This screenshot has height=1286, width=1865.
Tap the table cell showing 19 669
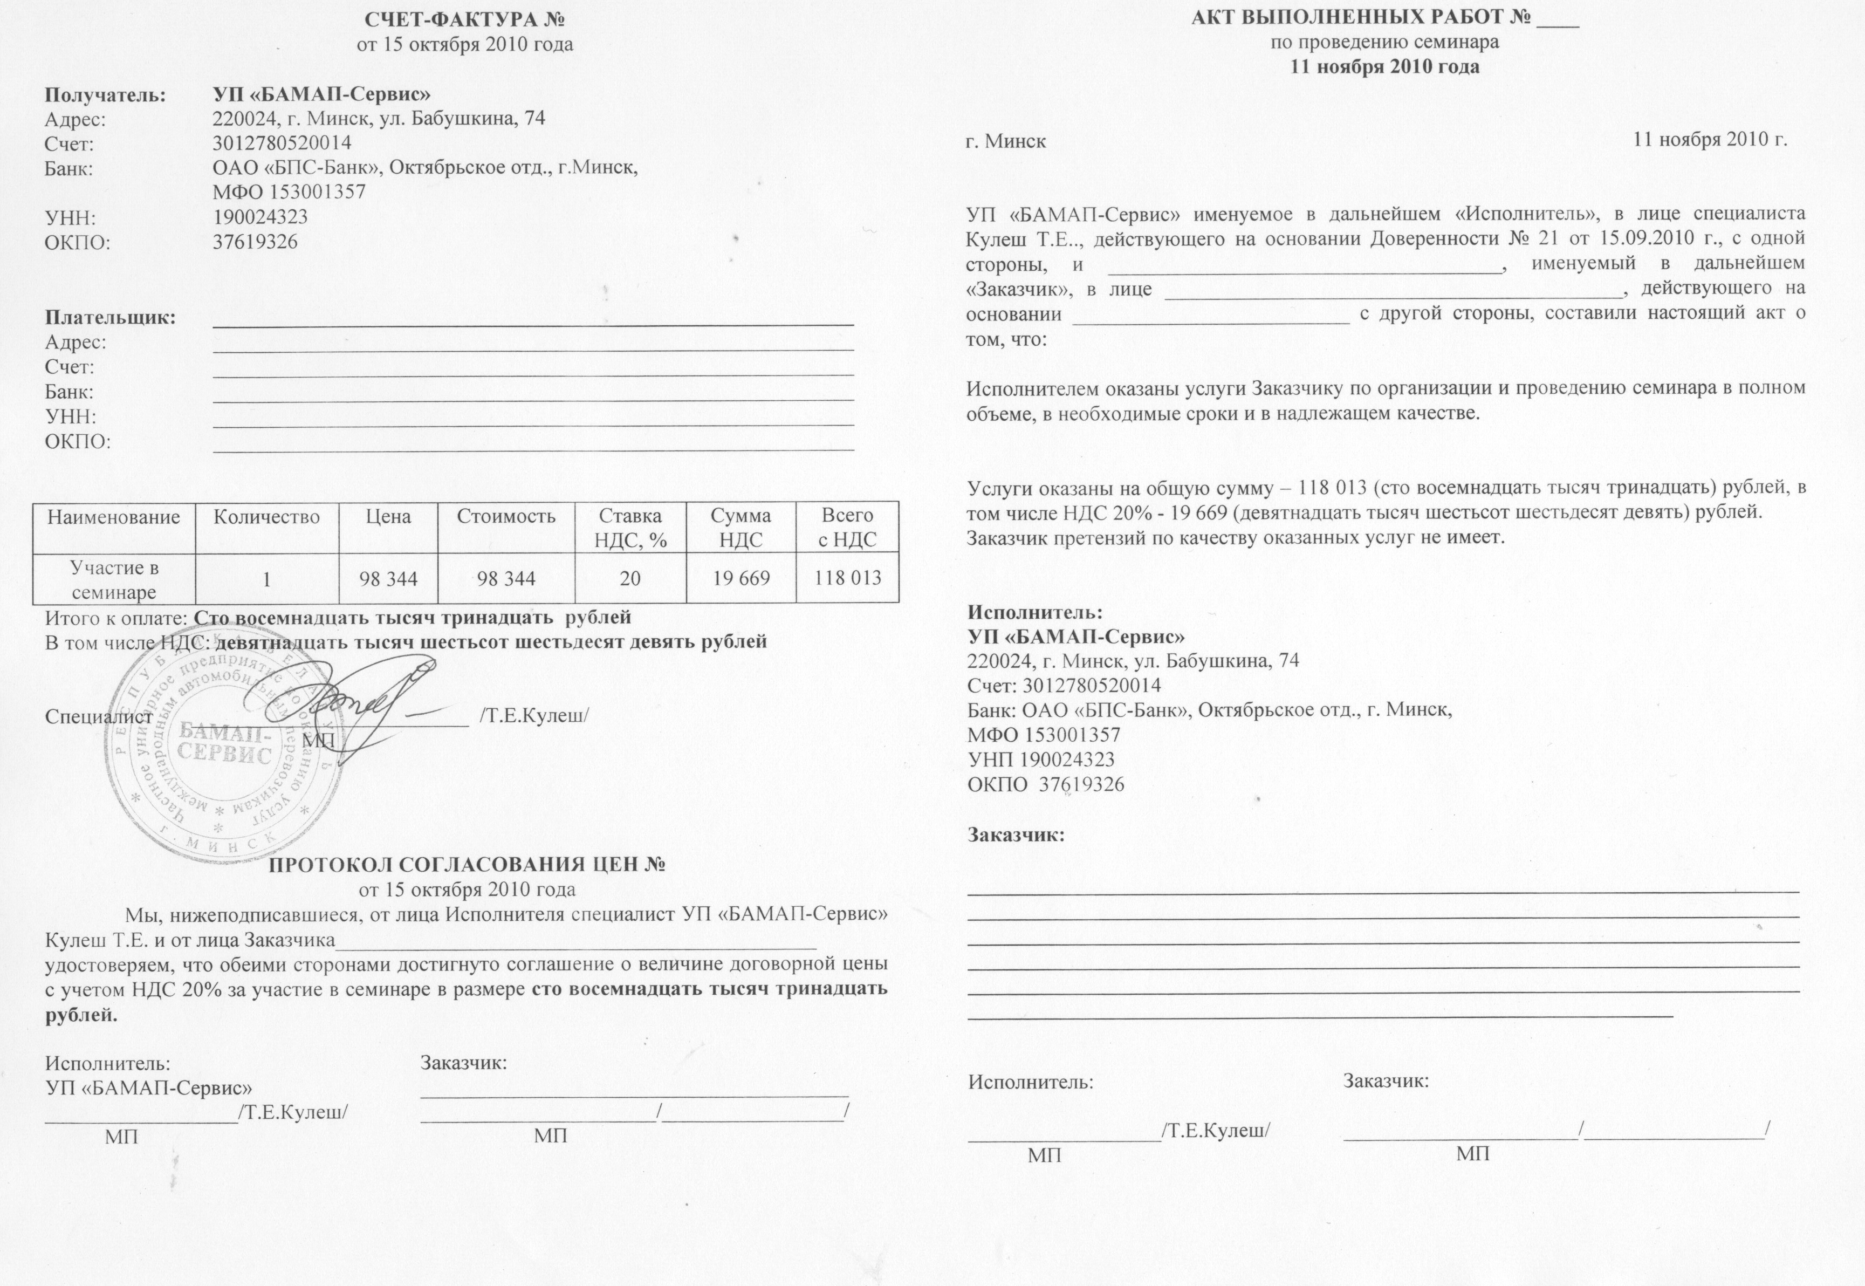(740, 578)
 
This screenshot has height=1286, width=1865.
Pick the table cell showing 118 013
(847, 578)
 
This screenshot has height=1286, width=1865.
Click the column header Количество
(266, 516)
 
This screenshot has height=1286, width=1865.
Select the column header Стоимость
(506, 516)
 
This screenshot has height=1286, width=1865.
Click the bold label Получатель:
(105, 95)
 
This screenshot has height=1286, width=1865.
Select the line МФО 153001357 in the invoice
(289, 192)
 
